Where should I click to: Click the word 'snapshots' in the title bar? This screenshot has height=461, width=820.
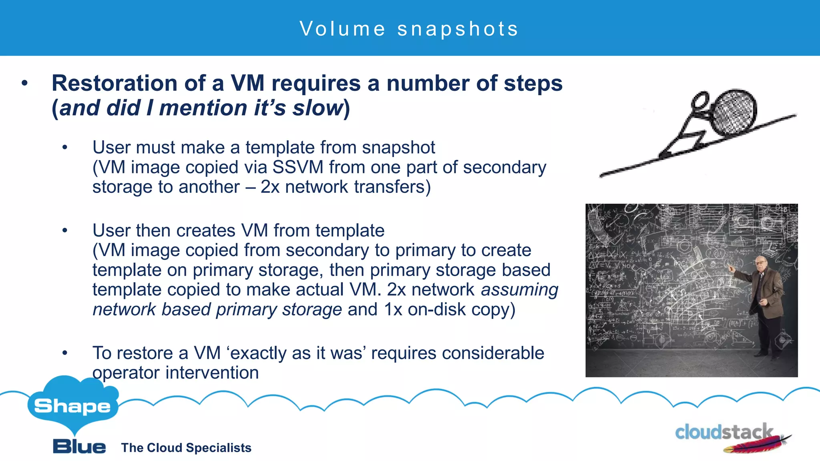458,29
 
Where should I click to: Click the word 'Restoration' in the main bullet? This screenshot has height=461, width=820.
114,83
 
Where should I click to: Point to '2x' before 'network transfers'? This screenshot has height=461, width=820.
270,187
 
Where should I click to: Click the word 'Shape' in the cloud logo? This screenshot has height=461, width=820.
72,406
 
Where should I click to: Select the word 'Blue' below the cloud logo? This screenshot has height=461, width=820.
79,446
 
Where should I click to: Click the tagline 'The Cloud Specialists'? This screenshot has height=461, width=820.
186,447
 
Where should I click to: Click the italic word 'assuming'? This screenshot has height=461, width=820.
519,290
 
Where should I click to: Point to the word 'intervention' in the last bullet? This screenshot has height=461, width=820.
212,373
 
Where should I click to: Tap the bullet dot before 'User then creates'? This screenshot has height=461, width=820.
65,230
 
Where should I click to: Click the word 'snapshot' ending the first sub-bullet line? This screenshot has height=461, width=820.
398,148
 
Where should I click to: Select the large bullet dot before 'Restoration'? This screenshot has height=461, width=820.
25,83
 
